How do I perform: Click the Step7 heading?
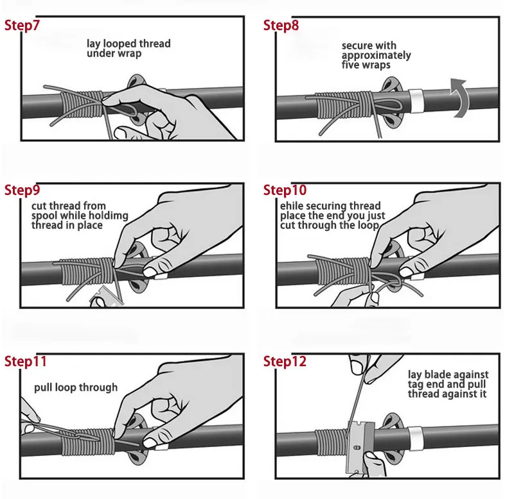click(x=22, y=25)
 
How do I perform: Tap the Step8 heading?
click(x=281, y=25)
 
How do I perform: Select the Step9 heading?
click(x=22, y=190)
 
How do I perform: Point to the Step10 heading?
click(x=285, y=190)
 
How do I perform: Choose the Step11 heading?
click(x=25, y=361)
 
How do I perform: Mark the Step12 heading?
click(x=285, y=361)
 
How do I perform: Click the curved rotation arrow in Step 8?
click(x=459, y=97)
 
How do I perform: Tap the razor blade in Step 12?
click(x=360, y=446)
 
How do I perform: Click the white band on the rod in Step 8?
click(x=415, y=99)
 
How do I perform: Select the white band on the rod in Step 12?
click(x=414, y=438)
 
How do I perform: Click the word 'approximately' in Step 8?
click(x=376, y=55)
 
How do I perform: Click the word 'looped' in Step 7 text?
click(x=120, y=44)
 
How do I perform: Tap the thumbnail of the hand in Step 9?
click(x=152, y=271)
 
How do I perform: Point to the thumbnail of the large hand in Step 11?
click(x=150, y=443)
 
